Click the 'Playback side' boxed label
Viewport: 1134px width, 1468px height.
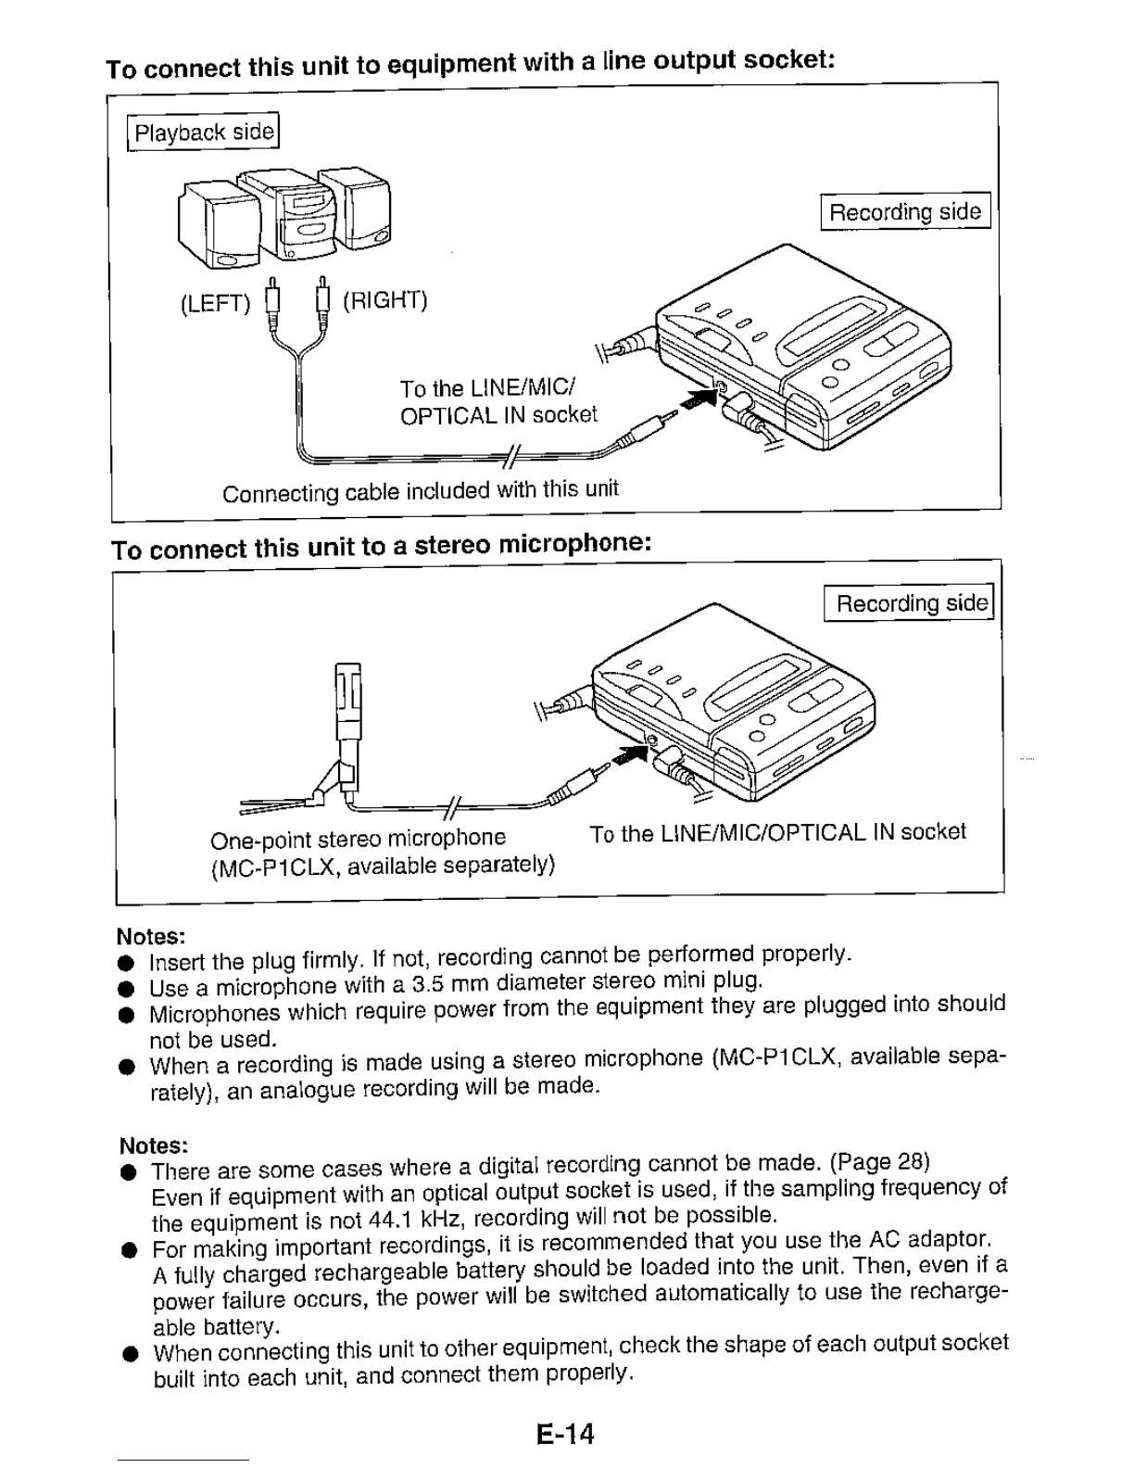tap(203, 132)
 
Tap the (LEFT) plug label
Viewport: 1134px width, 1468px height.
tap(215, 303)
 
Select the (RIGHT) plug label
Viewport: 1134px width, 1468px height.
tap(384, 300)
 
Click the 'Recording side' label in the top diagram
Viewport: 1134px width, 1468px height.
tap(904, 211)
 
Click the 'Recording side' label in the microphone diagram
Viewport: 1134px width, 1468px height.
tap(910, 603)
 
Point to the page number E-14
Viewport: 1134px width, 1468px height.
tap(564, 1434)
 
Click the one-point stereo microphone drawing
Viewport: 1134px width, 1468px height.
tap(345, 732)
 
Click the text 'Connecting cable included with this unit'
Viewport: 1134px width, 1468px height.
tap(420, 490)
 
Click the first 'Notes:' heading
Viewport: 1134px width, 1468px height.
tap(150, 935)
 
